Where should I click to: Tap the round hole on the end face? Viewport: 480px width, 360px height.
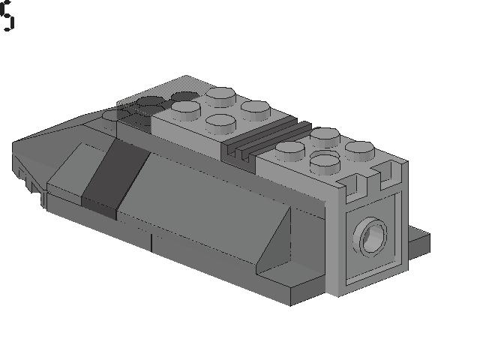click(373, 238)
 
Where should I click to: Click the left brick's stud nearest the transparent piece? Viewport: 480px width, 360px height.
click(184, 110)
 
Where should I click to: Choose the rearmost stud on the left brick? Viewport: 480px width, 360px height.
click(220, 95)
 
